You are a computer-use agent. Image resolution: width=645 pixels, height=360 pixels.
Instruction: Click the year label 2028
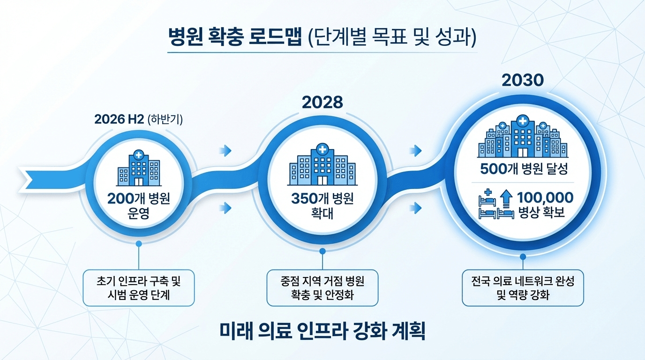[x=323, y=102]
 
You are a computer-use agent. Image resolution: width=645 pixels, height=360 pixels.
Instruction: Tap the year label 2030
[x=523, y=80]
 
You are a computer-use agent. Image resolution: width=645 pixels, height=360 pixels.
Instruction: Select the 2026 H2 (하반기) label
[x=138, y=119]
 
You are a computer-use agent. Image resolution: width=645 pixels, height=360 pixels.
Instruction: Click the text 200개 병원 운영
[x=138, y=206]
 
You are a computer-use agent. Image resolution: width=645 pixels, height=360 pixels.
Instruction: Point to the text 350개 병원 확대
[x=322, y=206]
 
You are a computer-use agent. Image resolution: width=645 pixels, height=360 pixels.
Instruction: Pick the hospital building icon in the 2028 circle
[x=322, y=165]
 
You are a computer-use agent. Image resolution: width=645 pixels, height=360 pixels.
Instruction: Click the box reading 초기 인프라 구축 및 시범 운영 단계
[x=138, y=288]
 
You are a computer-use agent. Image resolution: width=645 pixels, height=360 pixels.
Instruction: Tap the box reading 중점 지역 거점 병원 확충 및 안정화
[x=322, y=288]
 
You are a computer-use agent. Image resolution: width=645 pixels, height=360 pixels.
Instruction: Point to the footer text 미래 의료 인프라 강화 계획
[x=322, y=331]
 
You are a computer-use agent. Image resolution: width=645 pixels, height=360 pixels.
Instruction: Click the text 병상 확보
[x=541, y=213]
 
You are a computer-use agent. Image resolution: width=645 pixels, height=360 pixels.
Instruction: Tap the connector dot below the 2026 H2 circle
[x=138, y=243]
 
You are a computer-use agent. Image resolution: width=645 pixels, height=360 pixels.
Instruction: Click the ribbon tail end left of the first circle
[x=26, y=175]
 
